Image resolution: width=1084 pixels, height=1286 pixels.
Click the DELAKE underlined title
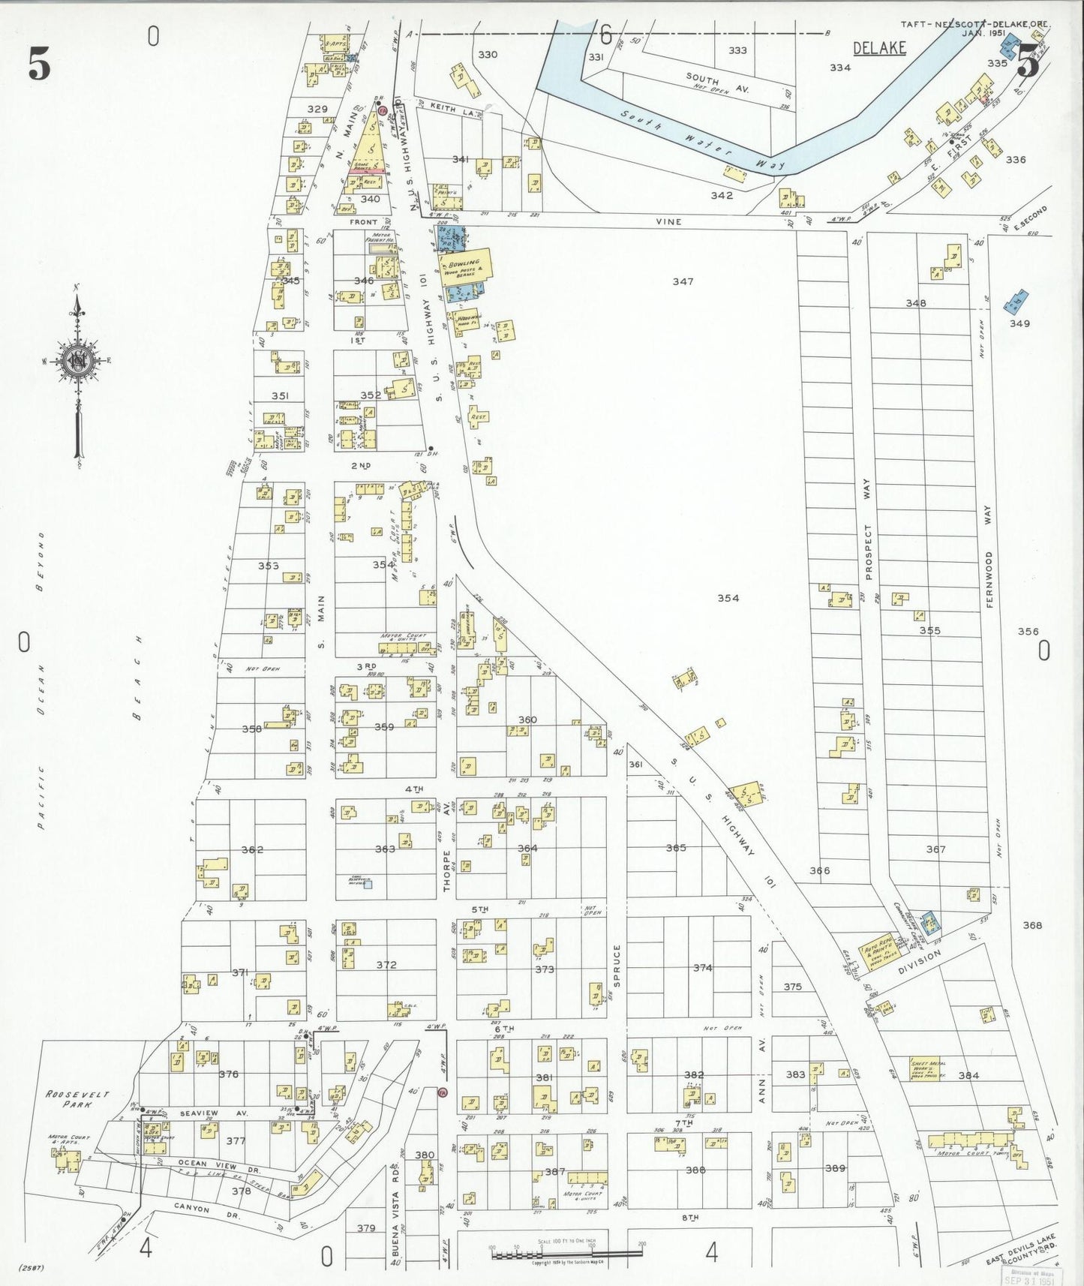tap(879, 49)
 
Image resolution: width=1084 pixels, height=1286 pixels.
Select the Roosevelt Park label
tap(77, 1099)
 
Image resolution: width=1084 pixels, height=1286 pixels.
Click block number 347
tap(683, 281)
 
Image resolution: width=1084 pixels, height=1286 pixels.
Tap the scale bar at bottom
tap(567, 1252)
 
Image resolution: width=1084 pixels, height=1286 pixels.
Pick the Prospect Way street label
tap(869, 530)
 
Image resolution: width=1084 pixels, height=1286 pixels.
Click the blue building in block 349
tap(1016, 302)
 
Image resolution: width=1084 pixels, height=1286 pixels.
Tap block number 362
tap(252, 849)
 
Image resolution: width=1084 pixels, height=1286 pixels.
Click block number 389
tap(834, 1168)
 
